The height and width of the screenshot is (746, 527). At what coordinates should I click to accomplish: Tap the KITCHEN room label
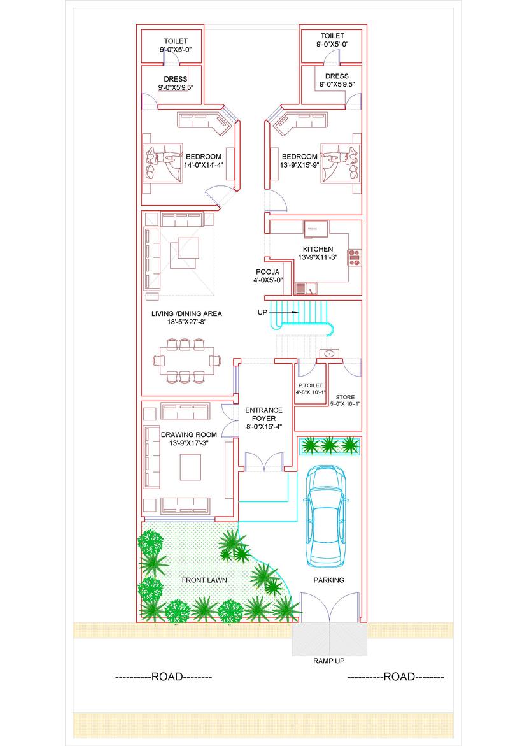pyautogui.click(x=318, y=249)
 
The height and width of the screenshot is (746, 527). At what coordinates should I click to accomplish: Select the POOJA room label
pyautogui.click(x=267, y=271)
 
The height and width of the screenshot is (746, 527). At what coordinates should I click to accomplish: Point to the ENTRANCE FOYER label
pyautogui.click(x=263, y=414)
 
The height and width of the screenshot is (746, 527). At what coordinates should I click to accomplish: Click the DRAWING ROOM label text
pyautogui.click(x=188, y=434)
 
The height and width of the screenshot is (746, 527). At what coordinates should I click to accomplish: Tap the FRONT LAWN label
pyautogui.click(x=204, y=580)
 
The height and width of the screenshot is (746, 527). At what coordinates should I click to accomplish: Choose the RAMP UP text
pyautogui.click(x=329, y=661)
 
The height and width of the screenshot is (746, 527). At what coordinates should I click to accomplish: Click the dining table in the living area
pyautogui.click(x=186, y=361)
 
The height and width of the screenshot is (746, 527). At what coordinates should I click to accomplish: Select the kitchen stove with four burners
pyautogui.click(x=354, y=257)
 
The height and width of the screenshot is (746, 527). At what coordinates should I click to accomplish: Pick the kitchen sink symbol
pyautogui.click(x=306, y=289)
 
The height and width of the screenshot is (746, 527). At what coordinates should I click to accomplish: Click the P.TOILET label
pyautogui.click(x=311, y=385)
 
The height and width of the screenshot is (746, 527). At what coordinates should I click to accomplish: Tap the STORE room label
pyautogui.click(x=345, y=397)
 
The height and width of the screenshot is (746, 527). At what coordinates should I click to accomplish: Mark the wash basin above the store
pyautogui.click(x=329, y=354)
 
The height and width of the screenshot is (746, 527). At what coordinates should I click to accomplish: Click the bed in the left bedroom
pyautogui.click(x=163, y=162)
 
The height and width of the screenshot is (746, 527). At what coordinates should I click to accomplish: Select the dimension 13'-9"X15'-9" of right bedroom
pyautogui.click(x=299, y=165)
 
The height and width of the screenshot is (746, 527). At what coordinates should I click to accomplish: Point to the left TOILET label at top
pyautogui.click(x=176, y=41)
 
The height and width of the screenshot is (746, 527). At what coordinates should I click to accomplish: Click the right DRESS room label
pyautogui.click(x=337, y=76)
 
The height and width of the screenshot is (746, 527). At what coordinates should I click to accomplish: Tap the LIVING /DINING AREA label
pyautogui.click(x=186, y=313)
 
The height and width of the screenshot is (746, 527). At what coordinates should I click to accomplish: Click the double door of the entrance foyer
pyautogui.click(x=263, y=462)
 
